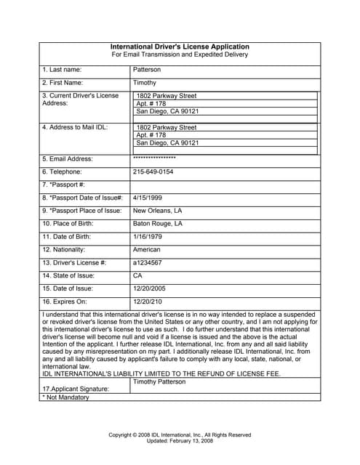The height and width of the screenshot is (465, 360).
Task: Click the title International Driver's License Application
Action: (x=180, y=46)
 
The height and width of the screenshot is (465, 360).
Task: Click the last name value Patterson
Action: (x=147, y=70)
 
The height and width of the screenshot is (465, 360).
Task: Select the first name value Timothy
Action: (x=145, y=83)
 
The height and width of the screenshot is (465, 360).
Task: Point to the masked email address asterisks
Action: (x=154, y=158)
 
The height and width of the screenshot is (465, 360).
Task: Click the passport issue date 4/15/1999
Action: (x=147, y=197)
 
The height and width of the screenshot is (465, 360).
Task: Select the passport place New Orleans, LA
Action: (x=158, y=210)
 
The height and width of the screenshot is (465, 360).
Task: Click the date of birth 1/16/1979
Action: (x=147, y=236)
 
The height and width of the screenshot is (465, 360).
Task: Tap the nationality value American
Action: (x=147, y=249)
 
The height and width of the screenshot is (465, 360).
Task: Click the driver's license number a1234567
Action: (x=148, y=262)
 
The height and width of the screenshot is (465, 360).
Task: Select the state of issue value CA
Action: (x=137, y=275)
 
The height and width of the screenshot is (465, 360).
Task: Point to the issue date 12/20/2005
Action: (x=151, y=288)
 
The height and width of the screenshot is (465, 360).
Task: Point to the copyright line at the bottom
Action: (x=180, y=434)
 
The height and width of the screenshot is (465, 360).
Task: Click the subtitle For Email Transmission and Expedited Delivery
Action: (x=180, y=54)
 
